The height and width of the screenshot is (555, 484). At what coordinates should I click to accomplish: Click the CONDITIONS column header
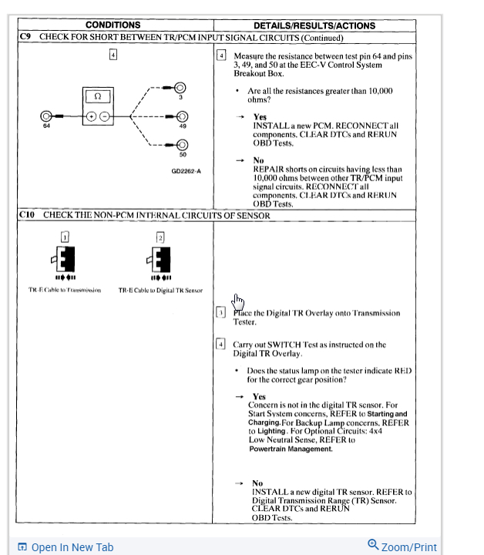click(x=113, y=25)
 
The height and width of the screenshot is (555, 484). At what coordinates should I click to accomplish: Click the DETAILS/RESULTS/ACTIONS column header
click(x=314, y=25)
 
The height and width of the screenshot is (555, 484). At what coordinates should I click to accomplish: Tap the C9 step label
click(x=26, y=36)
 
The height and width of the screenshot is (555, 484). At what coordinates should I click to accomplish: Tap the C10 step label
click(x=29, y=215)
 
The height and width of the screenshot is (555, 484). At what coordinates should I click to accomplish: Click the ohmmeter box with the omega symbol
click(x=98, y=97)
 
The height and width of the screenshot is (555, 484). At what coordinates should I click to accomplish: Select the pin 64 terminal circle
click(x=46, y=116)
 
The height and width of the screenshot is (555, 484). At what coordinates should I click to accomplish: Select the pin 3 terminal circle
click(x=180, y=88)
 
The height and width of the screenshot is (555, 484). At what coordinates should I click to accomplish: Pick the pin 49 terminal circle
click(x=182, y=116)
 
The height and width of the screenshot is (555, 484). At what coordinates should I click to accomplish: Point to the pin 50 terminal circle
click(x=182, y=144)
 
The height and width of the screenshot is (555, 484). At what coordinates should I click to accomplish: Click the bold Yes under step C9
click(x=260, y=117)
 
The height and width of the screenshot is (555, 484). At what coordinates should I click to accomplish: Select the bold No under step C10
click(x=257, y=483)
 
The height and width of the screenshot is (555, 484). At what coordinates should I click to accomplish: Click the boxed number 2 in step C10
click(x=160, y=236)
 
